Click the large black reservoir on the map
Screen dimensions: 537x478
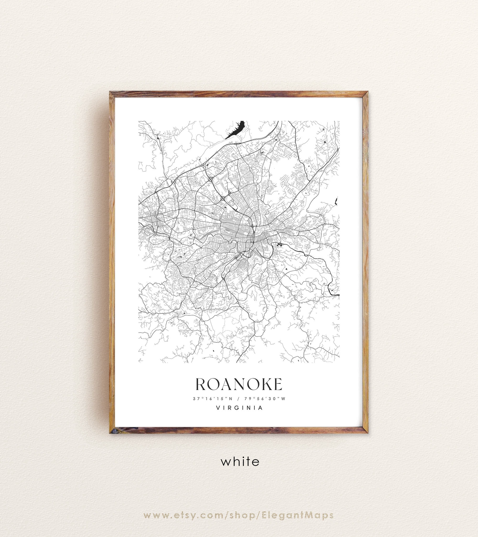click(x=235, y=130)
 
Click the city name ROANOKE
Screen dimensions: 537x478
click(x=239, y=385)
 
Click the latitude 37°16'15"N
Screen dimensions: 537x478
click(x=213, y=399)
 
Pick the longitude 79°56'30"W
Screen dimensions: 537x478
click(x=265, y=399)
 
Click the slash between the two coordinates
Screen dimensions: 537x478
click(x=238, y=399)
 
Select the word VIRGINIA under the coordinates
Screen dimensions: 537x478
click(x=239, y=408)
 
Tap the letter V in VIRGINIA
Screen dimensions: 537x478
click(x=218, y=408)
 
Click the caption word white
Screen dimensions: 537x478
click(x=240, y=462)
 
